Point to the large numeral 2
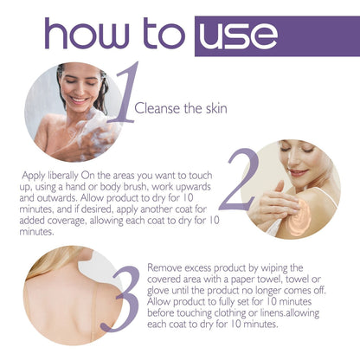coord(239,180)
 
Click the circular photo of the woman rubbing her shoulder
coord(299,188)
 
